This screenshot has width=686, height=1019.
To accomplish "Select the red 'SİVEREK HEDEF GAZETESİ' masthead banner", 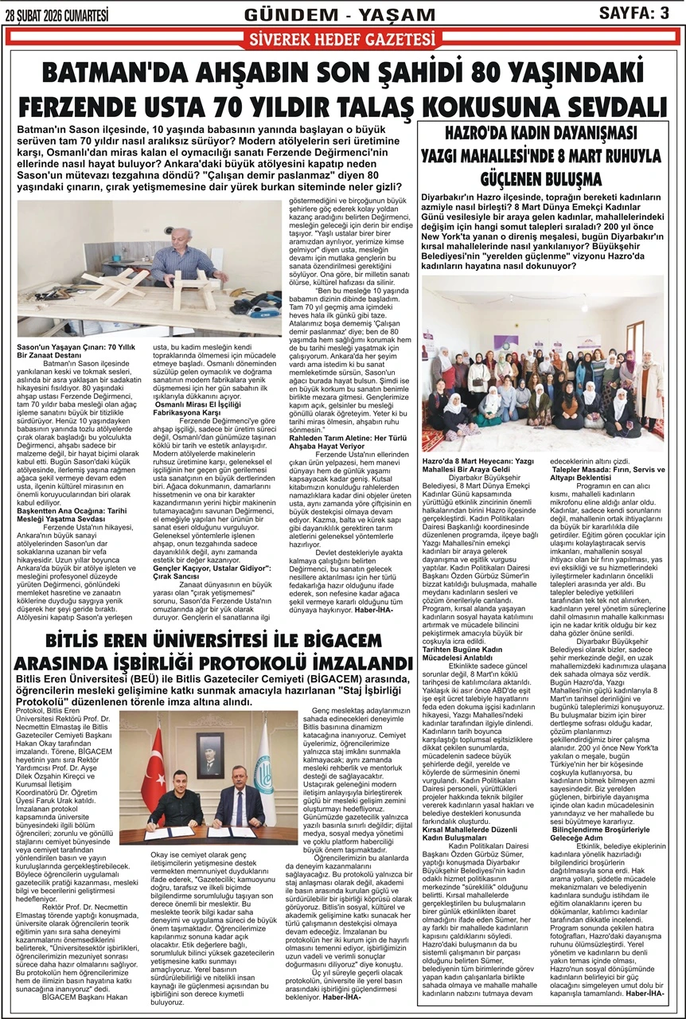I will pyautogui.click(x=342, y=39).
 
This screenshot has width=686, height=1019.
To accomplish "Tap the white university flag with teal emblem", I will pyautogui.click(x=267, y=772).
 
